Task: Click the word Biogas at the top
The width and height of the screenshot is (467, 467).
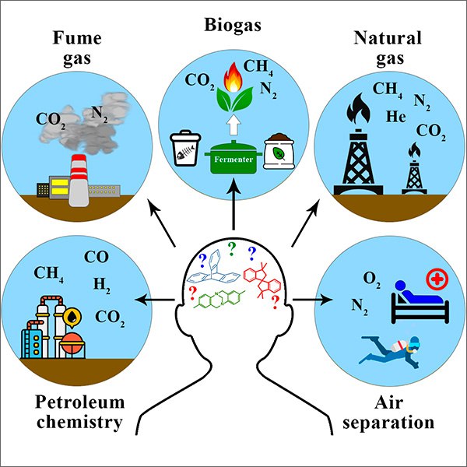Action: click(x=233, y=26)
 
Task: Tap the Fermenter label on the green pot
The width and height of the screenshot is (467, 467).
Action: click(x=233, y=160)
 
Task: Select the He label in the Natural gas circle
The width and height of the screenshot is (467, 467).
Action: click(x=396, y=116)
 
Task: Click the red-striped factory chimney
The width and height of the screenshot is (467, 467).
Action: click(x=79, y=181)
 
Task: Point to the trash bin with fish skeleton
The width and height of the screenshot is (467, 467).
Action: click(x=185, y=148)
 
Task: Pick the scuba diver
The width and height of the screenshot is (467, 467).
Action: click(x=390, y=352)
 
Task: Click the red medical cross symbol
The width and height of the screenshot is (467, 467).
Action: click(x=437, y=279)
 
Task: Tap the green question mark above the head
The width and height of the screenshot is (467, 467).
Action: click(x=231, y=249)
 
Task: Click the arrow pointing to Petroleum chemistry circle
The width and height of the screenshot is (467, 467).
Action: click(x=155, y=300)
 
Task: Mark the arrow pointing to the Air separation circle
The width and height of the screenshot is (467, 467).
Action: click(x=312, y=300)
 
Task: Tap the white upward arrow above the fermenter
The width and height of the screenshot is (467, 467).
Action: click(x=234, y=125)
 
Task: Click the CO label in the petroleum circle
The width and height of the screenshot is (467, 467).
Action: click(x=97, y=257)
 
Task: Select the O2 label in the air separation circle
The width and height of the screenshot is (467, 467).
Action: click(x=372, y=279)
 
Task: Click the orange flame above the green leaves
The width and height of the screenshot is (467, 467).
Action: click(x=233, y=77)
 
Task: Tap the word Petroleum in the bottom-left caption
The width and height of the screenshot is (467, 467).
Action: click(x=80, y=402)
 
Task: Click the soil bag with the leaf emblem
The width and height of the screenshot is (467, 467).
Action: click(x=279, y=151)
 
